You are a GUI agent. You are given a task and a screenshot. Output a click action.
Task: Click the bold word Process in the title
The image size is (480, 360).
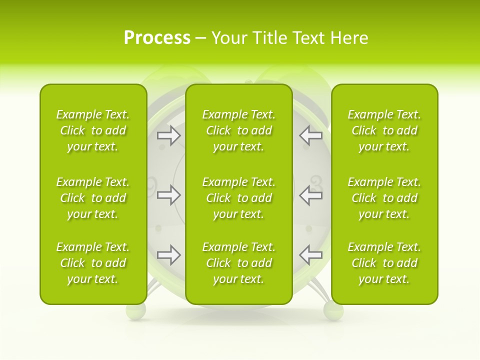click(x=157, y=37)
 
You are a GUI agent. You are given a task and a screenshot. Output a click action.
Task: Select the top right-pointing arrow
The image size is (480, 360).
click(x=168, y=135)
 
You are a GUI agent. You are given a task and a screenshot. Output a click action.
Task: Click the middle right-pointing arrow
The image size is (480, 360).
click(x=168, y=194)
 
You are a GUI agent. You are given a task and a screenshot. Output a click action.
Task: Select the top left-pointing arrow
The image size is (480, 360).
click(x=310, y=135)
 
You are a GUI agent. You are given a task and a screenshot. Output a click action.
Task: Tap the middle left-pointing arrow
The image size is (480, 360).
click(x=310, y=194)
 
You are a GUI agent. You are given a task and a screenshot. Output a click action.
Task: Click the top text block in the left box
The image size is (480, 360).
click(x=93, y=130)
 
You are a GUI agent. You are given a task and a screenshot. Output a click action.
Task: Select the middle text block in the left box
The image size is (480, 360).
click(x=93, y=198)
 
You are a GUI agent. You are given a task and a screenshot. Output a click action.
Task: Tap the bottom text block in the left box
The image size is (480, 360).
click(x=93, y=263)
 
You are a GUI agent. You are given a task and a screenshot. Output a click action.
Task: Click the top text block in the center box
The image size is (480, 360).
click(x=238, y=130)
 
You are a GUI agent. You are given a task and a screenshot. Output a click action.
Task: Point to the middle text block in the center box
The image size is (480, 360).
click(x=238, y=198)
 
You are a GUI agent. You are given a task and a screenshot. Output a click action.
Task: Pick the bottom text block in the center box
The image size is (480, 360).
click(x=238, y=263)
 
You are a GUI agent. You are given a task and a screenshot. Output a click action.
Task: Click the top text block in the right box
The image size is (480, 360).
click(x=384, y=130)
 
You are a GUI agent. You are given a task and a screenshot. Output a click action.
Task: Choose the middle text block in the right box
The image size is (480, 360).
click(x=384, y=198)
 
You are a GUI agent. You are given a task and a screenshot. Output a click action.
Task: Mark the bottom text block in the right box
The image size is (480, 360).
click(x=384, y=263)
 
